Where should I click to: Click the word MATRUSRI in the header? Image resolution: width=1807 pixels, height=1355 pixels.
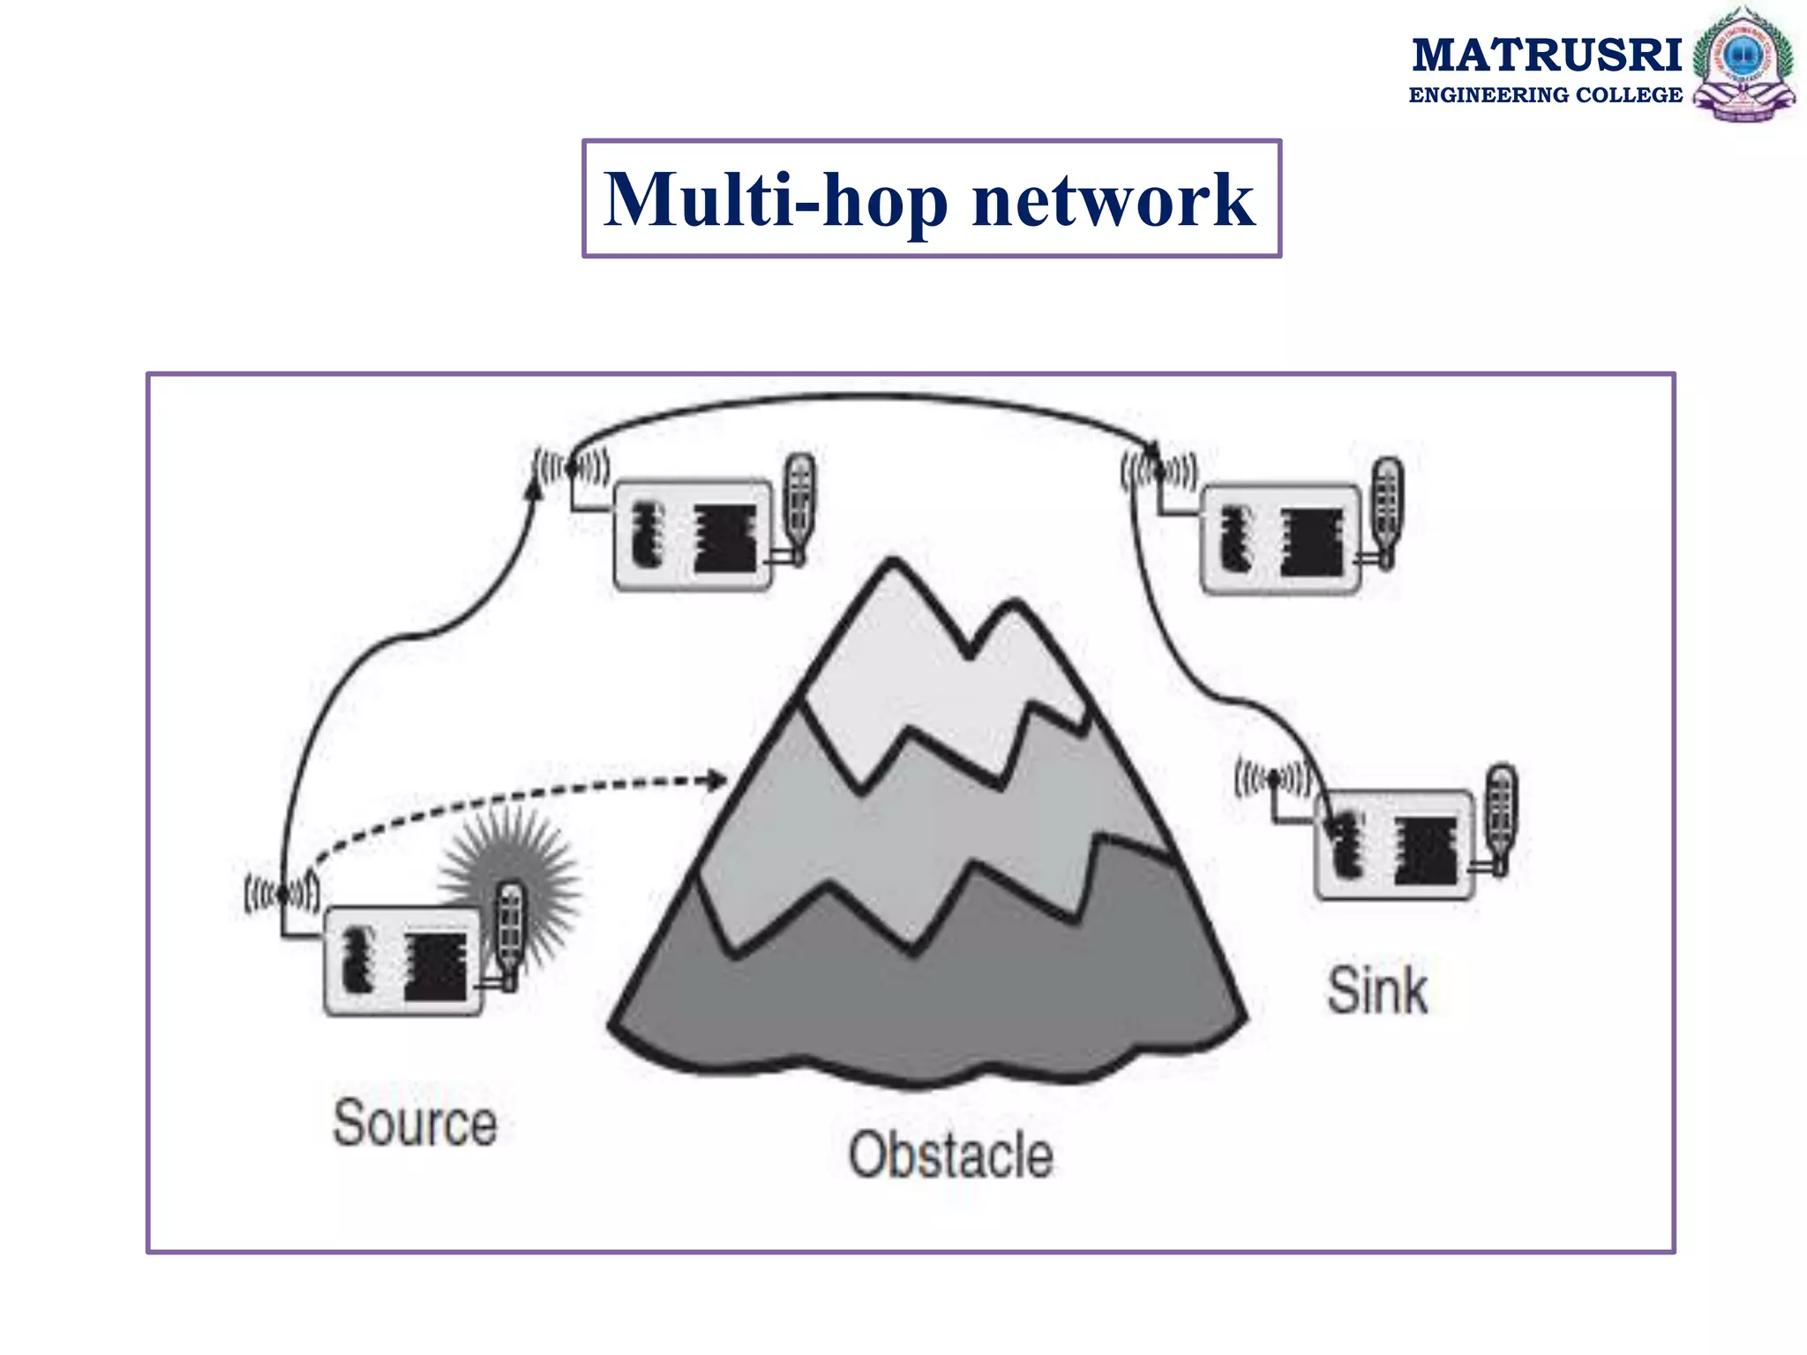[x=1546, y=55]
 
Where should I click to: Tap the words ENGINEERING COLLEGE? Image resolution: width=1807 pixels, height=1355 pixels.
[x=1545, y=95]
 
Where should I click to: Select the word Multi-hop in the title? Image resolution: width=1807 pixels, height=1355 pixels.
[x=775, y=200]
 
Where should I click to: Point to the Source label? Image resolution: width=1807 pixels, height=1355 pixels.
[x=415, y=1123]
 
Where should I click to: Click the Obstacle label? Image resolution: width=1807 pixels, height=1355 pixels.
[x=950, y=1155]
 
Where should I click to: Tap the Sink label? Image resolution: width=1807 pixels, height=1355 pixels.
[x=1376, y=991]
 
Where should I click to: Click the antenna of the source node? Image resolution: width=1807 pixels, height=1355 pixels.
[x=282, y=895]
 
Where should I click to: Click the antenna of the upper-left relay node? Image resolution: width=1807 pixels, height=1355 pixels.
[x=571, y=468]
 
